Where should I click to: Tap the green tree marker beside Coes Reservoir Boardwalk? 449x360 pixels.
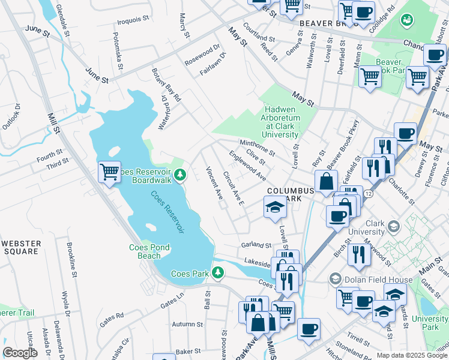point(180,175)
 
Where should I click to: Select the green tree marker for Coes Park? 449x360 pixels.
point(217,274)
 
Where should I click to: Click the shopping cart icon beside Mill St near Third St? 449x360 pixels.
point(109,172)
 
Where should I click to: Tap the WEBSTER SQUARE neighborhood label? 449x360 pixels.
point(21,247)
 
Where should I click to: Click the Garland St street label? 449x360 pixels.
point(257,245)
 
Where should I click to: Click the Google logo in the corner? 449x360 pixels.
point(20,352)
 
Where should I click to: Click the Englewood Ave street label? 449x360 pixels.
point(246,166)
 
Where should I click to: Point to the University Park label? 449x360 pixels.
point(434,323)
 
